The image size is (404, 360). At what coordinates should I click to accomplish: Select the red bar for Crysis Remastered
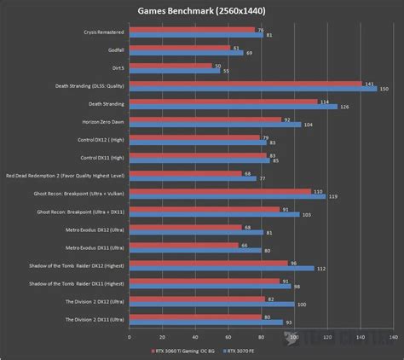tap(191, 29)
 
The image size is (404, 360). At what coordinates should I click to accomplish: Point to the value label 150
tap(383, 88)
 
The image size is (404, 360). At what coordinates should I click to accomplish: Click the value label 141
tap(368, 83)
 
